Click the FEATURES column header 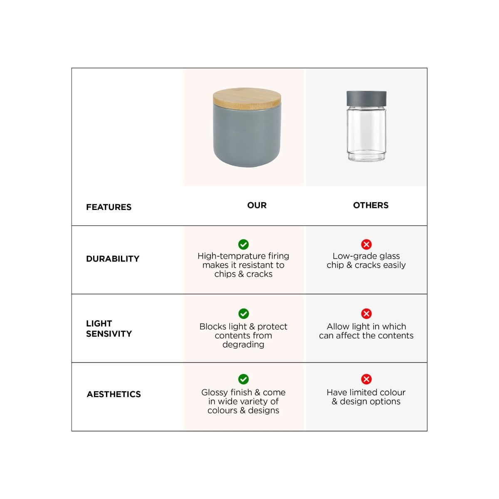point(109,207)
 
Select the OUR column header point(257,205)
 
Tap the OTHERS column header point(371,205)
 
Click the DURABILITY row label point(113,258)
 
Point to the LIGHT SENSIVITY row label point(109,329)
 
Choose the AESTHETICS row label point(114,394)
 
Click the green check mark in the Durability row point(243,244)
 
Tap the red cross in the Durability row point(366,244)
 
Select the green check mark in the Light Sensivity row point(243,314)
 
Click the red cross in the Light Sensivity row point(366,314)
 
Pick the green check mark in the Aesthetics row point(243,379)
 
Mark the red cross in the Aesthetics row point(366,379)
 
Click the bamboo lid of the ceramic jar point(247,98)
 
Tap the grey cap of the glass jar point(366,99)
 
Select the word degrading point(243,344)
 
